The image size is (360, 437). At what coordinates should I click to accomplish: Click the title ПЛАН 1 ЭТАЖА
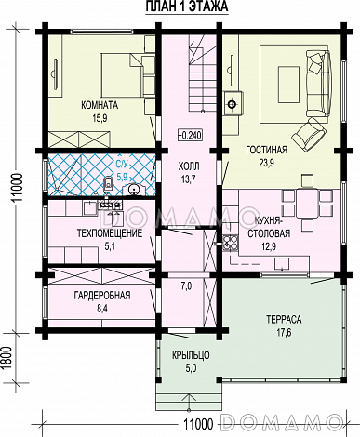tap(187, 7)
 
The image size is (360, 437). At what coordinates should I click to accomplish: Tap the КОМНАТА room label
tap(100, 105)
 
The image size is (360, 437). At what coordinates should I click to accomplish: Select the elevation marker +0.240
tap(190, 135)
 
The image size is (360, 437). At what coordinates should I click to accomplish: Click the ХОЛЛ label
tap(189, 166)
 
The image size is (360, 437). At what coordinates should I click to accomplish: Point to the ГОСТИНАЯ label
tap(266, 150)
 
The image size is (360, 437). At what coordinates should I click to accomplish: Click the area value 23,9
tap(266, 163)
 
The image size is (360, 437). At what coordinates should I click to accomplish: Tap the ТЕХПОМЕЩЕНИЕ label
tap(110, 232)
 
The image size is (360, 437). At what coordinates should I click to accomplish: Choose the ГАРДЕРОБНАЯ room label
tap(102, 295)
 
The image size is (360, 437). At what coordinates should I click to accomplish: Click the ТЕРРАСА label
tap(284, 319)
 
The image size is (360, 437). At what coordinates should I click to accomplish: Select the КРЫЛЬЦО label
tap(191, 355)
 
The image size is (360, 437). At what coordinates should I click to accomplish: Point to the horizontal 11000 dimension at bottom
tap(198, 424)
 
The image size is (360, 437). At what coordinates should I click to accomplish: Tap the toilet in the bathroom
tap(108, 183)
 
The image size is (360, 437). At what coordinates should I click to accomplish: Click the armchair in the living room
tap(309, 133)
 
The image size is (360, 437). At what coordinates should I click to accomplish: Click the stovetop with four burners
tap(230, 243)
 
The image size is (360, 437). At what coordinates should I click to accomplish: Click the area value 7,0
tap(186, 286)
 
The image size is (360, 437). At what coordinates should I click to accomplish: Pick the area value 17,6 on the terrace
tap(284, 333)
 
